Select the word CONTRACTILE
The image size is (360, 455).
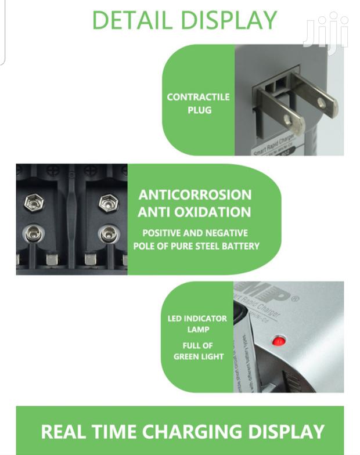pyautogui.click(x=198, y=97)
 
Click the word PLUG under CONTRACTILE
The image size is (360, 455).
pyautogui.click(x=199, y=110)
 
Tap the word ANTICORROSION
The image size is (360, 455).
pyautogui.click(x=195, y=194)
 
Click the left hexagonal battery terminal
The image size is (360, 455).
pyautogui.click(x=34, y=203)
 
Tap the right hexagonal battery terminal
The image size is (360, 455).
pyautogui.click(x=109, y=203)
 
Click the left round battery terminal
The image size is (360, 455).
pyautogui.click(x=34, y=234)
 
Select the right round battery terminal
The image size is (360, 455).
pyautogui.click(x=109, y=234)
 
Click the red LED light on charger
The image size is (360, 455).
pyautogui.click(x=279, y=341)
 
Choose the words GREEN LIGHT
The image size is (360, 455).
pyautogui.click(x=199, y=356)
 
